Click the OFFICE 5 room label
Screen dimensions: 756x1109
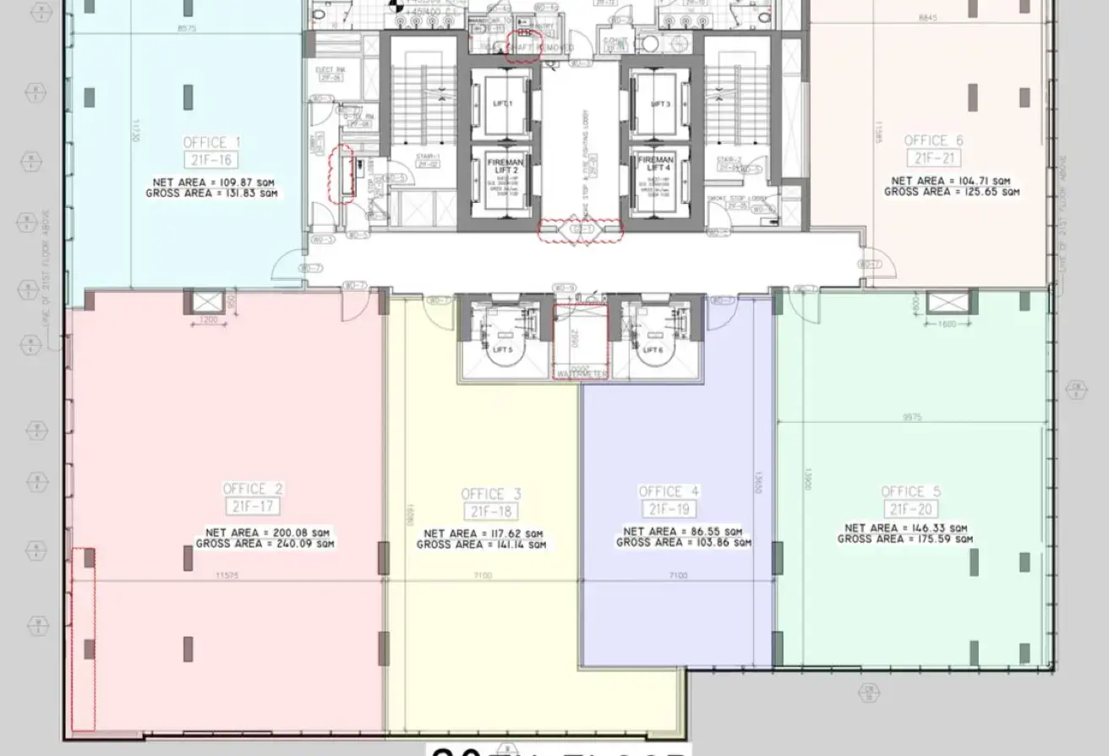[x=910, y=491]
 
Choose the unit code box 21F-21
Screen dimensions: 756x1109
[x=933, y=158]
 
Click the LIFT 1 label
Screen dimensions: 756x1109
[x=502, y=103]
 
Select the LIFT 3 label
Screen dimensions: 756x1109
[x=660, y=104]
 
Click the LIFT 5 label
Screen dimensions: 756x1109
[x=502, y=349]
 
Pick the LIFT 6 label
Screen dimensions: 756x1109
[x=652, y=349]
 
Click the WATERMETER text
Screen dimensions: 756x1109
[x=580, y=373]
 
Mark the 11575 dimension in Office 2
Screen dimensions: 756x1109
[x=223, y=576]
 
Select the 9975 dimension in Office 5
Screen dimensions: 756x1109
[x=912, y=417]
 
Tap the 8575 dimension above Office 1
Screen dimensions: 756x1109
[x=187, y=29]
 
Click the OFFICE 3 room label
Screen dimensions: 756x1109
[x=491, y=494]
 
